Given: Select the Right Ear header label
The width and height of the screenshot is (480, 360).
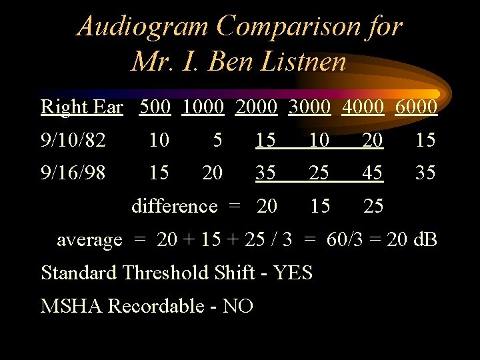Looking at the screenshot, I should pyautogui.click(x=82, y=107).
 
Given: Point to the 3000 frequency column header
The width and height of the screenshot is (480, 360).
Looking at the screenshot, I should pyautogui.click(x=311, y=107).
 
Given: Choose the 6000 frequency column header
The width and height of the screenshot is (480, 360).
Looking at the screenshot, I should pyautogui.click(x=416, y=107).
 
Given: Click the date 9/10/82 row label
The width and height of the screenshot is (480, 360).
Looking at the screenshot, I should pyautogui.click(x=73, y=140).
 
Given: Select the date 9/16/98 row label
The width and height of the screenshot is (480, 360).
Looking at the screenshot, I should pyautogui.click(x=73, y=173).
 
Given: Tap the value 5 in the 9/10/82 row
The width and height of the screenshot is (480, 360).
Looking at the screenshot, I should pyautogui.click(x=217, y=140).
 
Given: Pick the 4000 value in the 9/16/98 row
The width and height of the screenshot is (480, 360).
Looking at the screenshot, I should pyautogui.click(x=373, y=173).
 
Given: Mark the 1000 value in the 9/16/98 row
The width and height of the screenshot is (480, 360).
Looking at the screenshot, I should pyautogui.click(x=212, y=173).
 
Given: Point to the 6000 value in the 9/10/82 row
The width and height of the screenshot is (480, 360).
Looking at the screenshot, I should pyautogui.click(x=425, y=140).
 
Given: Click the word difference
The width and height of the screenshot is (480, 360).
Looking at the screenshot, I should pyautogui.click(x=174, y=206).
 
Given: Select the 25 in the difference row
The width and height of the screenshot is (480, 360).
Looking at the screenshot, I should pyautogui.click(x=373, y=206).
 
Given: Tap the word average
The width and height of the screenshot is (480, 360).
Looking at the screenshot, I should pyautogui.click(x=89, y=239).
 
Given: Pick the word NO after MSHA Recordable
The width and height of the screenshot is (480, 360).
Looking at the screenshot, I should pyautogui.click(x=238, y=306).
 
